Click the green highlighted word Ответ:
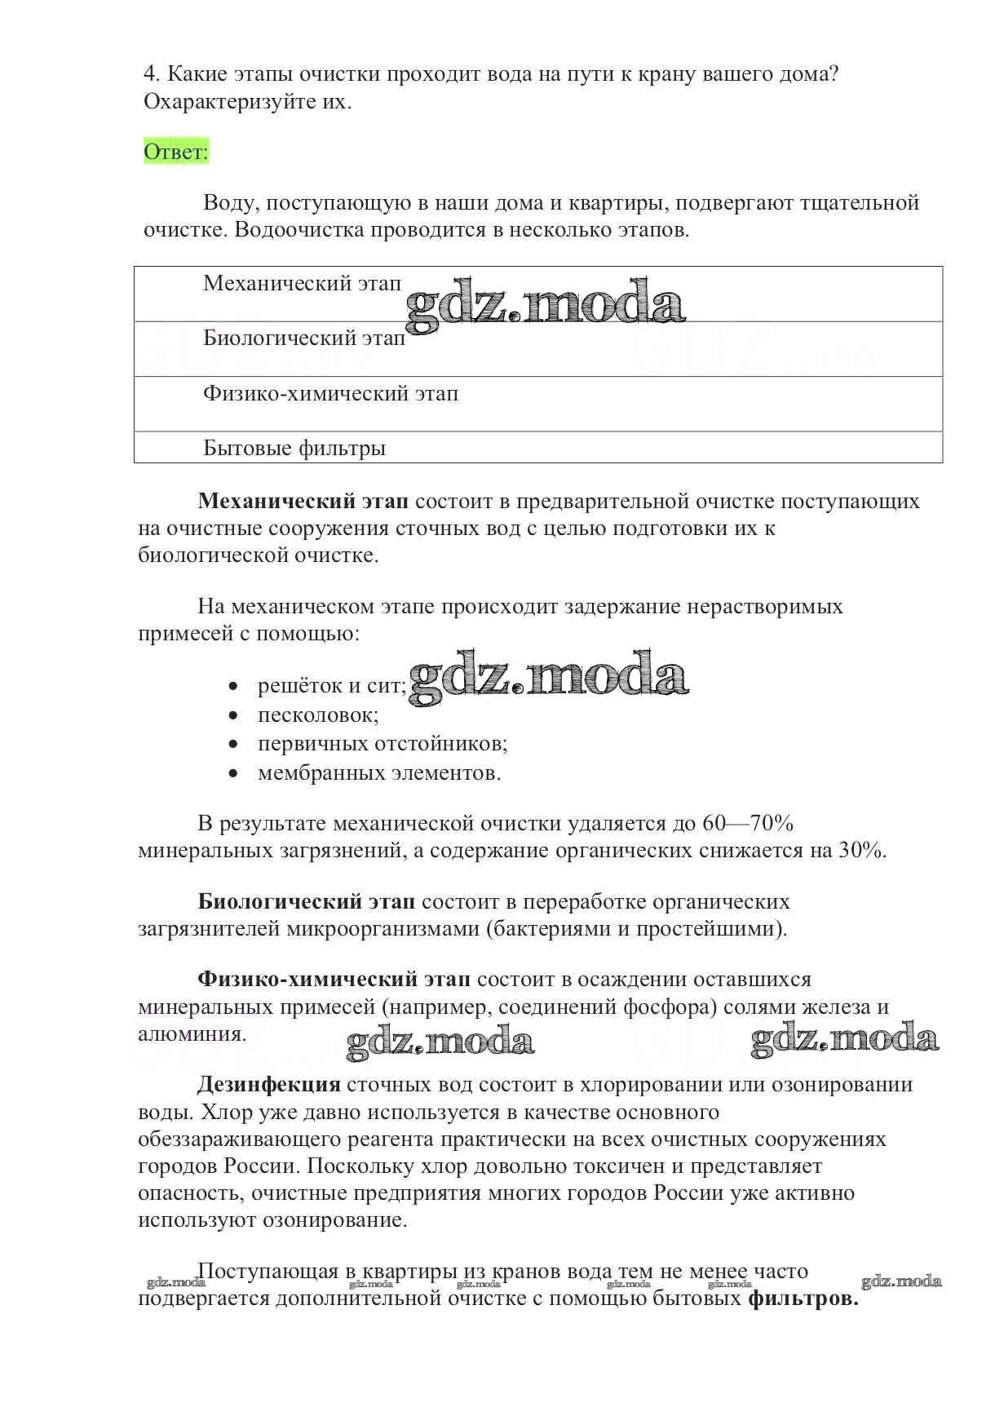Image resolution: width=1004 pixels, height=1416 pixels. (176, 152)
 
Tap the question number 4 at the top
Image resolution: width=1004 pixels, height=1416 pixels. (149, 74)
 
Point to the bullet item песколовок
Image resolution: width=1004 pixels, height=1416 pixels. (318, 715)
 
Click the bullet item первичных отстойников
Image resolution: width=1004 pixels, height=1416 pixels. (383, 744)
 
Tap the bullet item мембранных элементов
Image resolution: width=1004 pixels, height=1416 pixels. (379, 772)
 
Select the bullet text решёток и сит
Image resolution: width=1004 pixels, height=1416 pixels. (331, 686)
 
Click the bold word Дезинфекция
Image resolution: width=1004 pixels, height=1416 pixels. (268, 1085)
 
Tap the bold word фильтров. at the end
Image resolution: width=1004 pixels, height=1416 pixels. (803, 1299)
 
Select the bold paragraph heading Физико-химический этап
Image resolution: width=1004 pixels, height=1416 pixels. (334, 980)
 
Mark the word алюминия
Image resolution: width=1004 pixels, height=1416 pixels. (192, 1034)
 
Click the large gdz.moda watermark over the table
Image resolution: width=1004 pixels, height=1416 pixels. (544, 304)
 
